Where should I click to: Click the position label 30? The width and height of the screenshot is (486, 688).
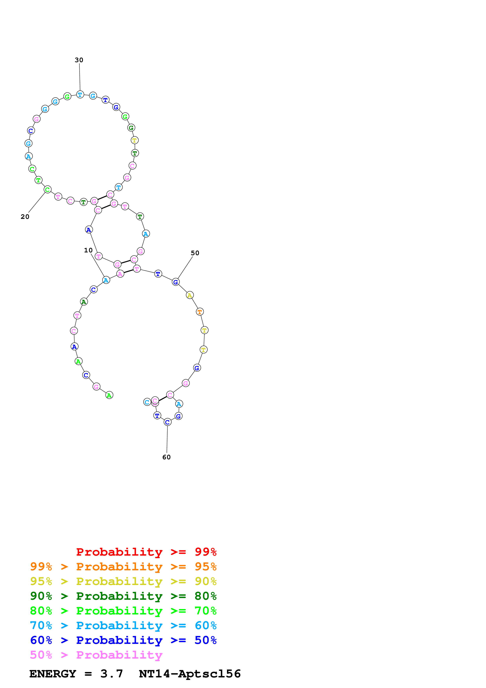(79, 60)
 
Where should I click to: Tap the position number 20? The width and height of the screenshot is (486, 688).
(25, 217)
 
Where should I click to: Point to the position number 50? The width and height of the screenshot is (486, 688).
(195, 253)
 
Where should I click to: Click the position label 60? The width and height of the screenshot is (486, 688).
(166, 457)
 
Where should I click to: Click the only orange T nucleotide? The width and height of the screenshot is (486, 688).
(200, 312)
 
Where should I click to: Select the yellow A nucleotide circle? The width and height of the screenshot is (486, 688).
(190, 295)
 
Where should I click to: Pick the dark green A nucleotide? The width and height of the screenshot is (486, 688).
(84, 302)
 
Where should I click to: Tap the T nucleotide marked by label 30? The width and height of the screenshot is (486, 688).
(80, 95)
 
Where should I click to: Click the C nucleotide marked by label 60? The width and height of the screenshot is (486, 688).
(167, 422)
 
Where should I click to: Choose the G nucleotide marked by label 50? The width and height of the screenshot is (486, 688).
(176, 282)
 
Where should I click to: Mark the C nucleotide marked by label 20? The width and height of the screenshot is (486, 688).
(47, 190)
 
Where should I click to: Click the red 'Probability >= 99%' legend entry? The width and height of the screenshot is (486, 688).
(146, 552)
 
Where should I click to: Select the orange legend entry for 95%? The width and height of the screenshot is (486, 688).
(123, 566)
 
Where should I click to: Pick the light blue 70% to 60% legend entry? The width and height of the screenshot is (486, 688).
(123, 625)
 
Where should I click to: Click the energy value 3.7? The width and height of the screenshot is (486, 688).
(112, 674)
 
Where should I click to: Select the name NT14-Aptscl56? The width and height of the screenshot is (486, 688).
(190, 674)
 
